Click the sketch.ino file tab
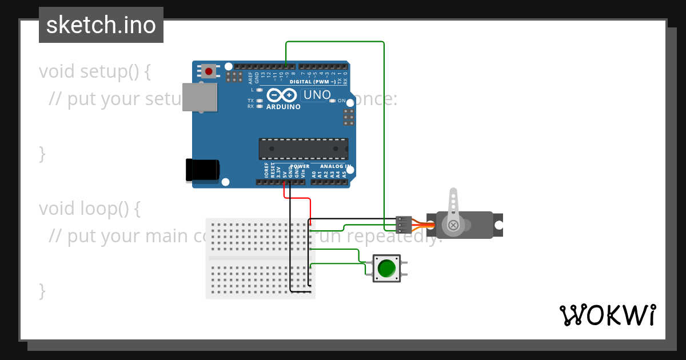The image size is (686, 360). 101,25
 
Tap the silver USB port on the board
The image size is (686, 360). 200,97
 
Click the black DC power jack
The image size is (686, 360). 202,170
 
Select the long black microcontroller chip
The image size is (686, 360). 303,149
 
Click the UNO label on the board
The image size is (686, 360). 317,95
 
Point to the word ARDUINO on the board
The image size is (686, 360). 284,107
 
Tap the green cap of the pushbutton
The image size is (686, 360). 387,268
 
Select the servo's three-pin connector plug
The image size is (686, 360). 404,225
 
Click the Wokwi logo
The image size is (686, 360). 608,315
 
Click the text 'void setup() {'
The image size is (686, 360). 95,71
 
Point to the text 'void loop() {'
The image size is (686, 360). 90,209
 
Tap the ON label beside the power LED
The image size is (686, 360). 341,101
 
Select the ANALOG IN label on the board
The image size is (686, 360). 336,166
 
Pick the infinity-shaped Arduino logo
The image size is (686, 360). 282,95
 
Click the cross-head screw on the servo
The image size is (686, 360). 453,225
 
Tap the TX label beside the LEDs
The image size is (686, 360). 250,101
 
